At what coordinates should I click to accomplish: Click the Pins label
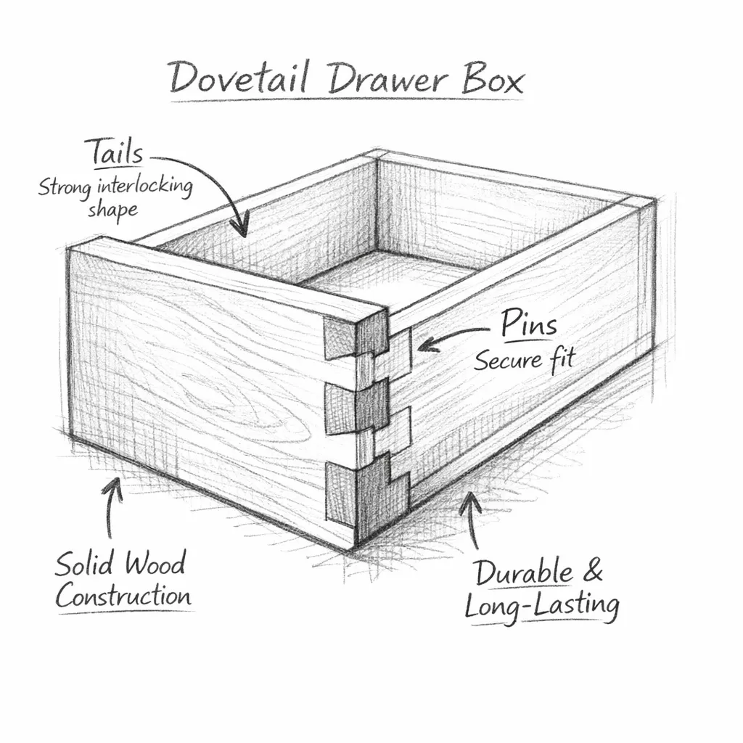pos(529,324)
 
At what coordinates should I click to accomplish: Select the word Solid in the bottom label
pos(86,564)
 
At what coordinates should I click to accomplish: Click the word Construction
pos(123,596)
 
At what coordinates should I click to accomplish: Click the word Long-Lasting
pos(541,605)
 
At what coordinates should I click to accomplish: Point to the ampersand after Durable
pos(592,572)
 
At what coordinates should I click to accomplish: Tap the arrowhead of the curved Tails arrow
pos(239,229)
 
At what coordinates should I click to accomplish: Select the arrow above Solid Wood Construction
pos(112,508)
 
